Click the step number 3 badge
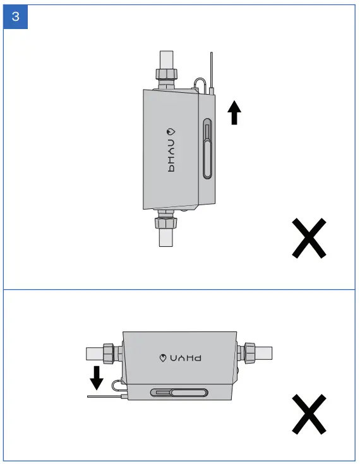[x=16, y=17]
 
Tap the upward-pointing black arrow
[x=234, y=113]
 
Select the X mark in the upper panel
[x=309, y=238]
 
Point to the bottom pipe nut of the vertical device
[x=165, y=223]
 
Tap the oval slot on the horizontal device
[x=179, y=393]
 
